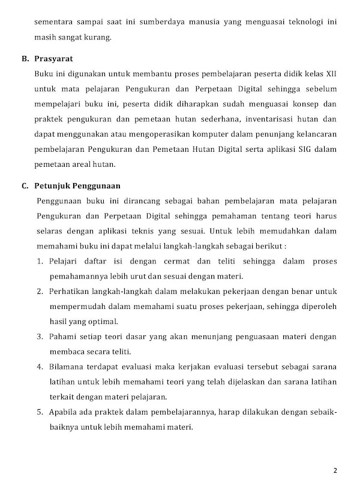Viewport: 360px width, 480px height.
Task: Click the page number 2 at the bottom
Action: [335, 469]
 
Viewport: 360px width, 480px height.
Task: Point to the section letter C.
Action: [25, 185]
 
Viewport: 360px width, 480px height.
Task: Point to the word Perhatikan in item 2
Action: [69, 292]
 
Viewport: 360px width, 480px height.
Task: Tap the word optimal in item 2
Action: [105, 321]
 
